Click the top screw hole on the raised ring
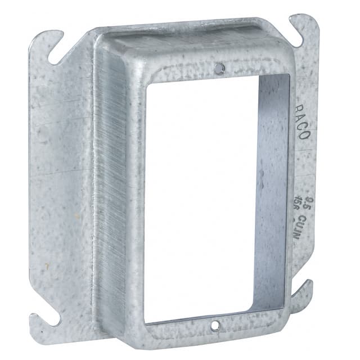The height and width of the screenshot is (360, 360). point(219,68)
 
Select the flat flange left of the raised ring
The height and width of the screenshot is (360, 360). point(62,186)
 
